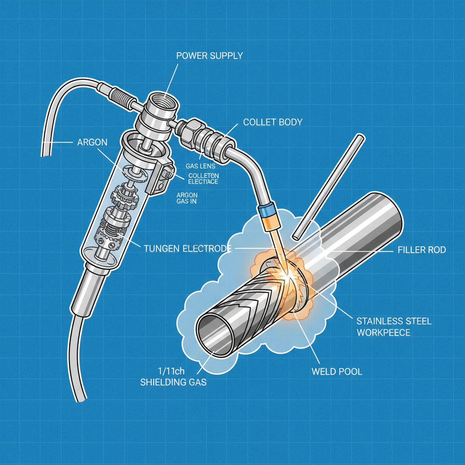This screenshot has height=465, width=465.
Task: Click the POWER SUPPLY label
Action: point(209,56)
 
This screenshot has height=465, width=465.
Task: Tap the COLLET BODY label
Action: point(272,122)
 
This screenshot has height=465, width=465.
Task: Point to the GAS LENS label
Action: point(200,166)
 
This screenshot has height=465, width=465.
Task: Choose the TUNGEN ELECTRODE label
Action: point(188,248)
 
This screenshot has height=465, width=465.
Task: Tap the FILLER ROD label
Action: point(422,250)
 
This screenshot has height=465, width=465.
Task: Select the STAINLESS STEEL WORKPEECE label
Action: point(394,326)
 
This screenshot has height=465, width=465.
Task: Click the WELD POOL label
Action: point(336,371)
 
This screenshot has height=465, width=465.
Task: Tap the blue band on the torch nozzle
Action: point(266,210)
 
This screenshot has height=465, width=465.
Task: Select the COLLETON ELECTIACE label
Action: point(203,178)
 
